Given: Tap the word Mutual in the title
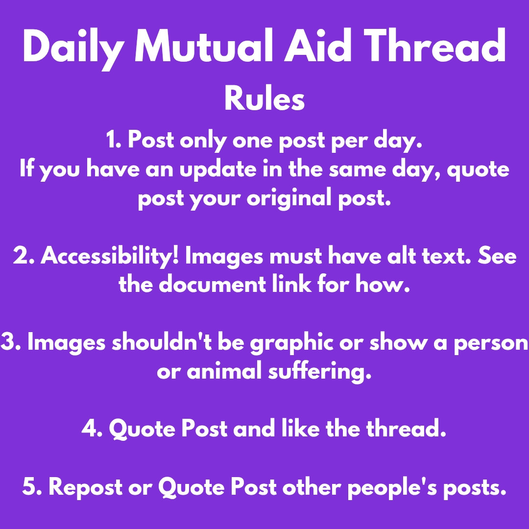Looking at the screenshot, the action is click(x=204, y=46).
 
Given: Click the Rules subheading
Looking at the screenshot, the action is click(x=264, y=98).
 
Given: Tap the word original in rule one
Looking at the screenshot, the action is click(x=289, y=199).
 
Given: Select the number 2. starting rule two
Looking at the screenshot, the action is click(x=24, y=256).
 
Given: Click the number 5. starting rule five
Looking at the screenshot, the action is click(x=32, y=487).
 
